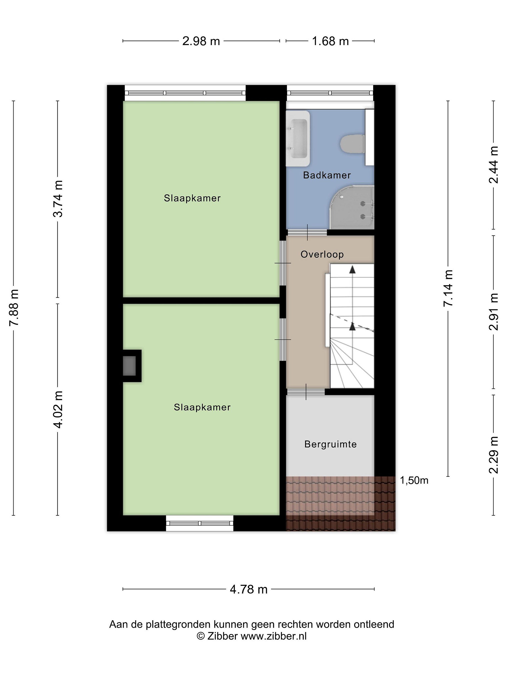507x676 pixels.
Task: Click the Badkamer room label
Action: click(x=327, y=175)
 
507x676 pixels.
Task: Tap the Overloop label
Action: click(x=322, y=254)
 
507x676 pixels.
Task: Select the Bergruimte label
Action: click(x=330, y=444)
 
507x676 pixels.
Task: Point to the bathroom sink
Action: click(x=298, y=139)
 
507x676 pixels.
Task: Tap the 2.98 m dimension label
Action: click(x=201, y=41)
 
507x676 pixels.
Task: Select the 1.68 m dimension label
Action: click(x=330, y=41)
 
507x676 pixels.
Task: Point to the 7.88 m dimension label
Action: click(x=14, y=308)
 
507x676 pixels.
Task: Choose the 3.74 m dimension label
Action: click(x=58, y=199)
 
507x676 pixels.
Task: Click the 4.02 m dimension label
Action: click(x=58, y=410)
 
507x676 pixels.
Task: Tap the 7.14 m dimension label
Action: click(x=448, y=288)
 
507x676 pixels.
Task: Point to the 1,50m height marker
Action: click(x=414, y=481)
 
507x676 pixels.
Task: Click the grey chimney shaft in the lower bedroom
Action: click(x=129, y=366)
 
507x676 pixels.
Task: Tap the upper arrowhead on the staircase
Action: click(x=353, y=269)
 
